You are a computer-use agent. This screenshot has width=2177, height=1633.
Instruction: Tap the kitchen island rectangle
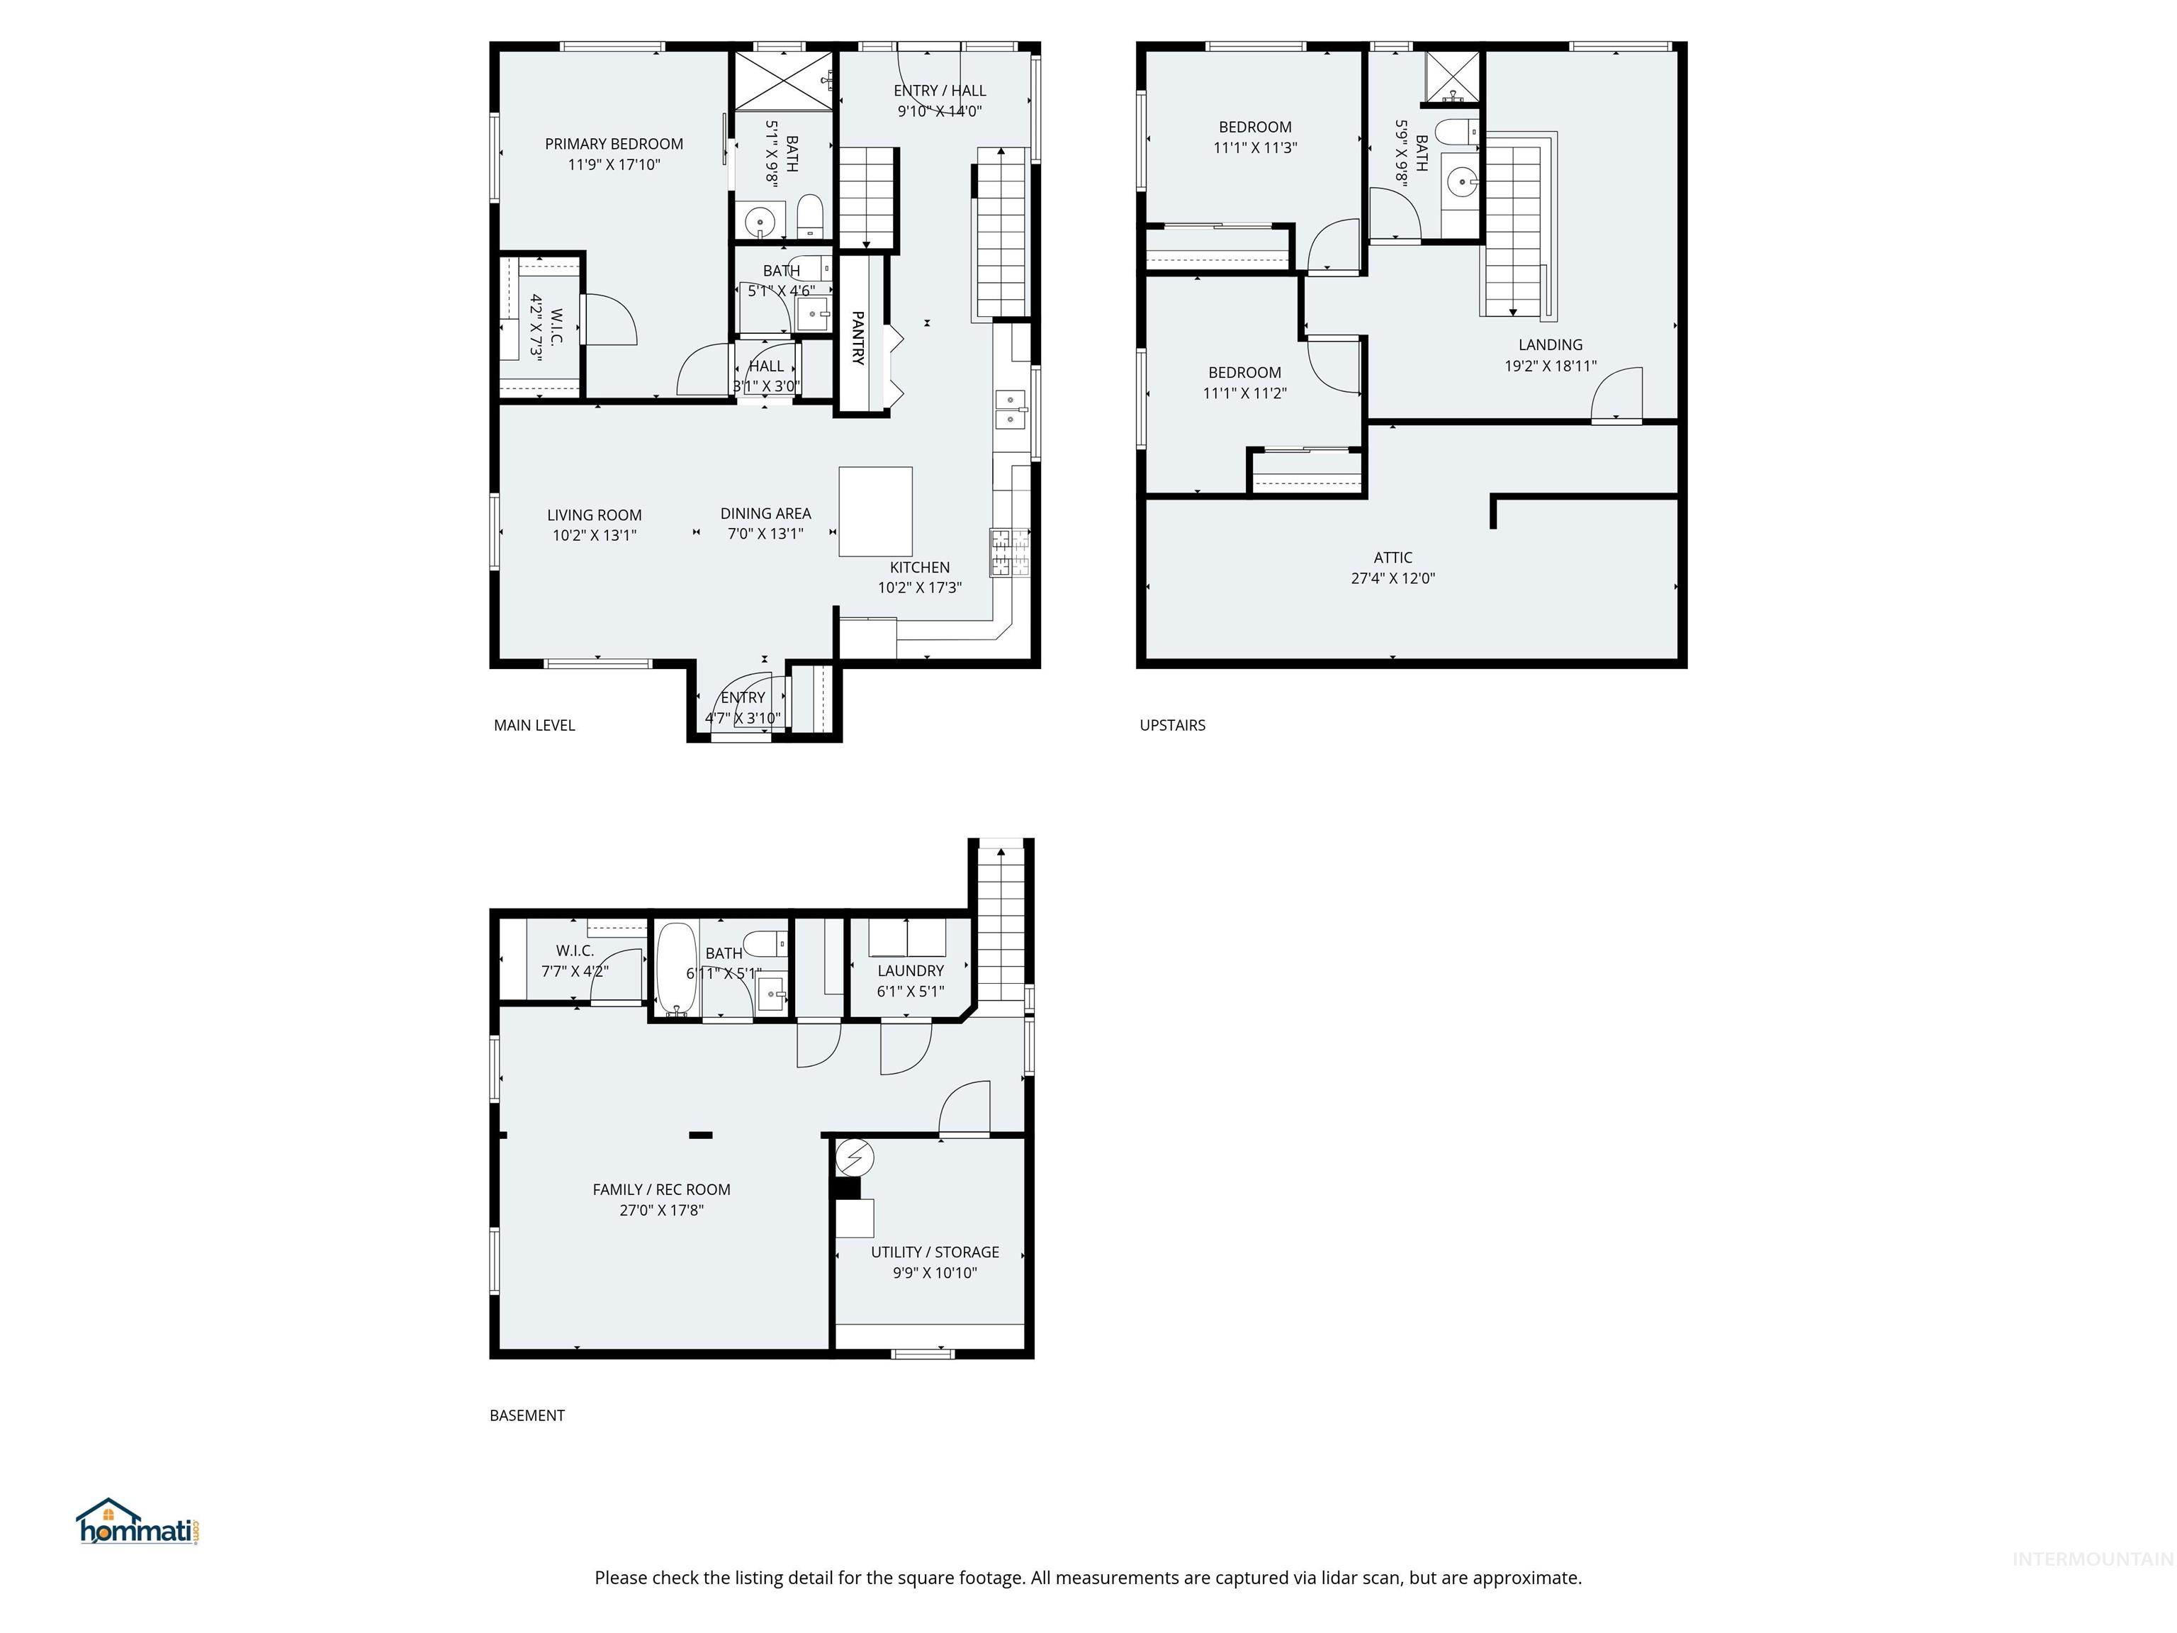875,512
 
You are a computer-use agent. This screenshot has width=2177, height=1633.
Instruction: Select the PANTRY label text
857,337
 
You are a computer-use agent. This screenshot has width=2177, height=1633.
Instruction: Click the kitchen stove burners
1010,552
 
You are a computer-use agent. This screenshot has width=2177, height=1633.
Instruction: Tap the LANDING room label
1549,344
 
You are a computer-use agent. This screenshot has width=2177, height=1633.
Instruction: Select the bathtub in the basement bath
676,967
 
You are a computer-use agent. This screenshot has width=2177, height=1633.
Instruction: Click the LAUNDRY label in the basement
911,970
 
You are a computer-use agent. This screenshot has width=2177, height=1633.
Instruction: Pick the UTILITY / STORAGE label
934,1252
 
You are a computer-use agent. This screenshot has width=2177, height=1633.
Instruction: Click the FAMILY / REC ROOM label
661,1189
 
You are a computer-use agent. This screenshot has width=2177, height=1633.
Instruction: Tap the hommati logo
137,1524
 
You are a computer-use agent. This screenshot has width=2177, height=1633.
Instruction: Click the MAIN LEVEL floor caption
534,726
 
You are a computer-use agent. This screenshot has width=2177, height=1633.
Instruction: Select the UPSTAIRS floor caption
1172,726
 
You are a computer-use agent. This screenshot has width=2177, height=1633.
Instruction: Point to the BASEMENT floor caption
527,1415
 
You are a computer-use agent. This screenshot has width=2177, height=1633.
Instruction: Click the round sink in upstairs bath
1463,182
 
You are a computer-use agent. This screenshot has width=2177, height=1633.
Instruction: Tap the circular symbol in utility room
854,1157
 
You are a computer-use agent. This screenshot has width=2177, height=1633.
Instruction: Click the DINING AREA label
765,513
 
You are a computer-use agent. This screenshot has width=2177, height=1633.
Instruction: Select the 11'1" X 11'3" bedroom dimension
1255,147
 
